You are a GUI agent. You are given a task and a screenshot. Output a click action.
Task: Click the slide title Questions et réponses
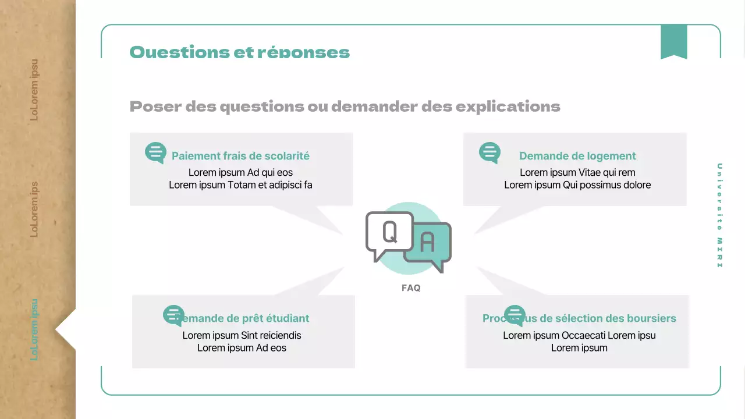tap(239, 52)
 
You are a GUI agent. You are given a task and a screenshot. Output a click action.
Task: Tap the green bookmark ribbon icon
tap(673, 42)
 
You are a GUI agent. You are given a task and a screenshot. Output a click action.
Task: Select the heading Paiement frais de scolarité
tap(240, 156)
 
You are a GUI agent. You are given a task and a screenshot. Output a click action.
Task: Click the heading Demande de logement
tap(577, 156)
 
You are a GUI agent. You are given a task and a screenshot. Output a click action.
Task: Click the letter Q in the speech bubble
tap(389, 232)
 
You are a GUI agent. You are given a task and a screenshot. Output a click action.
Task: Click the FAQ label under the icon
tap(411, 288)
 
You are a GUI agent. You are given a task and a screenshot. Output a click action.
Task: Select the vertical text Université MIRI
tap(719, 215)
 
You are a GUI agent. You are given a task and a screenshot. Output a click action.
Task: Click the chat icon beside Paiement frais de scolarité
tap(155, 153)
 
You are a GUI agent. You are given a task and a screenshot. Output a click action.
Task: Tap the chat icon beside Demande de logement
tap(489, 153)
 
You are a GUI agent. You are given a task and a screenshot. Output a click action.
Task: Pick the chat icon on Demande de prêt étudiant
tap(173, 315)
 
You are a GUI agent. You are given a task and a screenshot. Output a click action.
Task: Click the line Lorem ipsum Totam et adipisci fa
tap(240, 185)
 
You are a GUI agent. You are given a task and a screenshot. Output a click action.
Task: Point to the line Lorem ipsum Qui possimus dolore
tap(577, 185)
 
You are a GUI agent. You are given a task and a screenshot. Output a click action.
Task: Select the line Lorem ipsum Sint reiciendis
tap(242, 335)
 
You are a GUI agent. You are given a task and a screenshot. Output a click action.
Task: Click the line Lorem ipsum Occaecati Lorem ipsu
tap(579, 335)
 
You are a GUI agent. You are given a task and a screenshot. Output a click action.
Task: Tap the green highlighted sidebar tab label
tap(34, 329)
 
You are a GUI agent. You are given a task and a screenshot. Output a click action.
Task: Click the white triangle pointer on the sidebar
tap(65, 329)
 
